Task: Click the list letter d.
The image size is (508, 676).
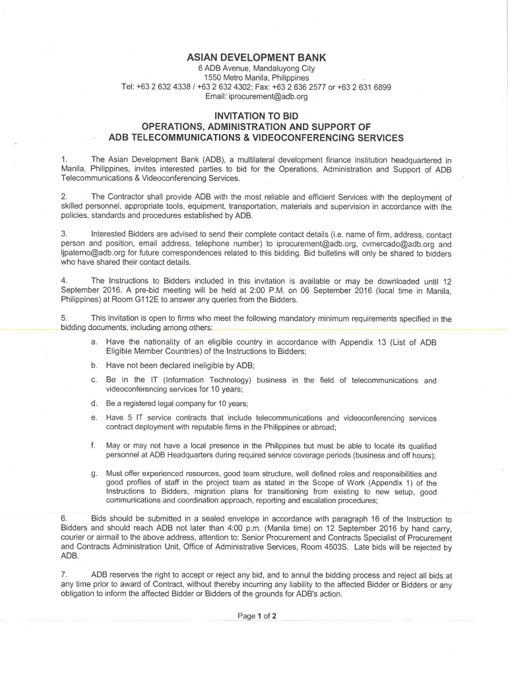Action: (95, 403)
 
